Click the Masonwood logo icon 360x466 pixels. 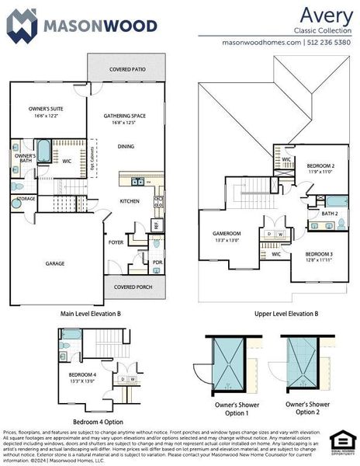tap(22, 25)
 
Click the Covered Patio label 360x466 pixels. tap(127, 69)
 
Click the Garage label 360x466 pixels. tap(54, 263)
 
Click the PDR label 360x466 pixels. tap(157, 262)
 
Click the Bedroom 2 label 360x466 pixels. tap(320, 166)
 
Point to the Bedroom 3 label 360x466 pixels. tap(318, 255)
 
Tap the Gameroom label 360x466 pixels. tap(227, 234)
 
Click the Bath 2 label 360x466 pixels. tap(330, 213)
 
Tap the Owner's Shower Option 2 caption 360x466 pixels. tap(307, 408)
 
